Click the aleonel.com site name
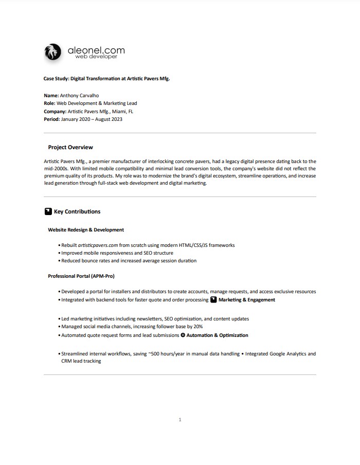click(x=96, y=50)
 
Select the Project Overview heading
click(x=70, y=147)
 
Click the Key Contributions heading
click(x=77, y=211)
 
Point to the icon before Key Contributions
click(x=48, y=211)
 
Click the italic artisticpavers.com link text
click(x=98, y=245)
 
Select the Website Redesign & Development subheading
click(x=86, y=230)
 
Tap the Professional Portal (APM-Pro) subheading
click(x=81, y=276)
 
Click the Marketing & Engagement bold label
click(x=247, y=299)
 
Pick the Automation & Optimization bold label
click(x=217, y=335)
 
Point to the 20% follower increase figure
click(x=197, y=327)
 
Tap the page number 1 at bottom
click(x=179, y=420)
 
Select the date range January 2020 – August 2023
click(x=92, y=119)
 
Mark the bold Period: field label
click(x=52, y=119)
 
